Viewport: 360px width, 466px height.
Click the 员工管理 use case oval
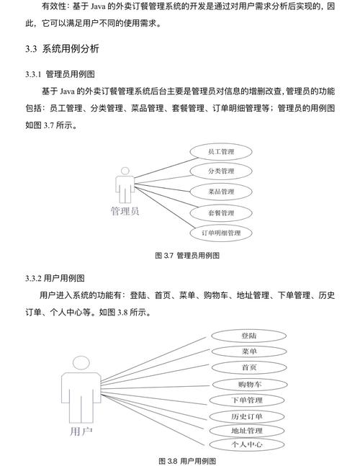pos(221,152)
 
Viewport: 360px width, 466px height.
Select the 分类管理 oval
pos(221,171)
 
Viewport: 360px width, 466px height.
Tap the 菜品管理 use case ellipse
pos(221,192)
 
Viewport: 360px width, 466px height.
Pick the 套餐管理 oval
pos(221,213)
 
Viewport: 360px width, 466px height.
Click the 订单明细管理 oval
pos(221,233)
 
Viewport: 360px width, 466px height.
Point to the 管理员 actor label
pos(125,212)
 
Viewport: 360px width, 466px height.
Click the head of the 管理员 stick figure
pos(125,171)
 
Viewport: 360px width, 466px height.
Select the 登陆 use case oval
pos(250,336)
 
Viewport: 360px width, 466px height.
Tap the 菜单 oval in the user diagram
pos(250,351)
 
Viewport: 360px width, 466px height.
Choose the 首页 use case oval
pos(250,367)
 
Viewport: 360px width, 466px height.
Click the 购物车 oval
pos(250,384)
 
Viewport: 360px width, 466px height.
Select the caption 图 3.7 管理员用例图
pos(187,256)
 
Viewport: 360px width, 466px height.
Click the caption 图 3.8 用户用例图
pos(186,460)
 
